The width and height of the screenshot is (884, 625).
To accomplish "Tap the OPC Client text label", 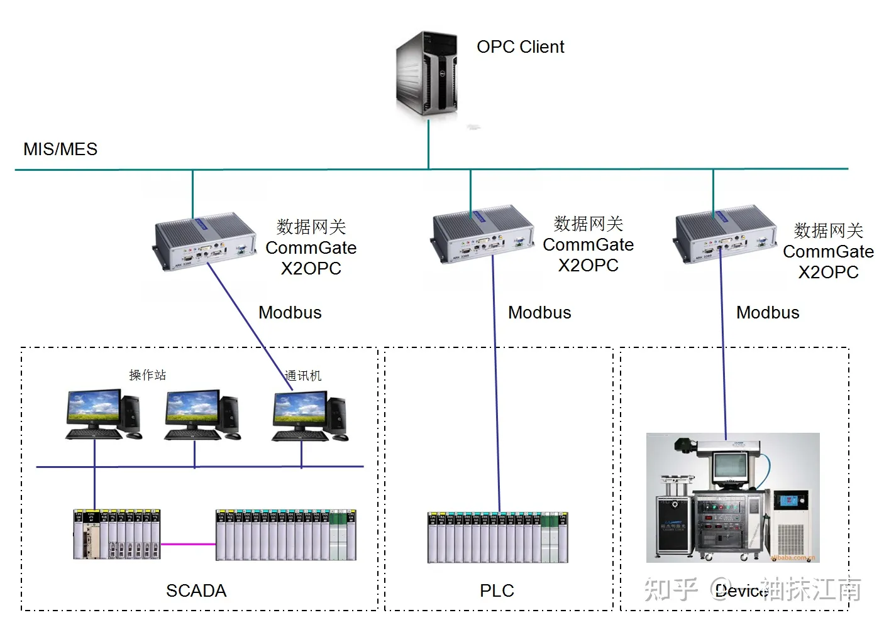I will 520,47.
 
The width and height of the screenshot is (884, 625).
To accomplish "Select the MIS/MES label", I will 60,149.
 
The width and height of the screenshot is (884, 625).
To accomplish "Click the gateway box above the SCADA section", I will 205,241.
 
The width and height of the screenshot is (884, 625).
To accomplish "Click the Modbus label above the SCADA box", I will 290,313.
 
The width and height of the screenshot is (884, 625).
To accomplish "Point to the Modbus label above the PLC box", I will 539,313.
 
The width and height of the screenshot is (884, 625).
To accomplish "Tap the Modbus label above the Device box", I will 768,313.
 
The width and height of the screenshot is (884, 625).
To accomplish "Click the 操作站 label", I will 147,375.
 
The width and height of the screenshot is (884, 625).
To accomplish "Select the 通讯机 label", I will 303,376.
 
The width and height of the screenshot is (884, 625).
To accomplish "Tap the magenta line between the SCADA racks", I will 188,544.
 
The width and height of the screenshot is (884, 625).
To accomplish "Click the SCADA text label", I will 196,590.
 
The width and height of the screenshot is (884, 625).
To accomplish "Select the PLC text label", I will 497,590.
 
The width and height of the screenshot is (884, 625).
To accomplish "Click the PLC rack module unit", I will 497,537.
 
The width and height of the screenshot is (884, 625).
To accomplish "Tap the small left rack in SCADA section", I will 117,535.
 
